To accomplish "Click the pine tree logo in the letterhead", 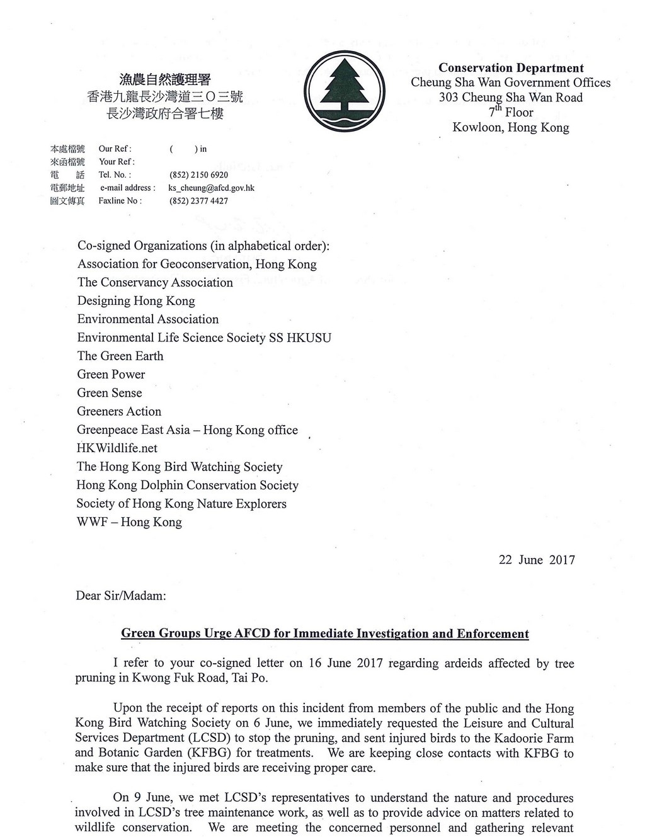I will pos(345,92).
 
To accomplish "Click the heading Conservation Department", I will pos(511,67).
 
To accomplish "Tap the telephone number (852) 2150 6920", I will pos(198,174).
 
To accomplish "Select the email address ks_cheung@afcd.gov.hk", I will pos(210,188).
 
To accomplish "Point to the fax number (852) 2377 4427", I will pos(198,201).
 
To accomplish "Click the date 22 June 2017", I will pos(537,560).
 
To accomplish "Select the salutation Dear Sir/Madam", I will pos(121,595).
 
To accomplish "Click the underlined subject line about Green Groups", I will pos(324,634).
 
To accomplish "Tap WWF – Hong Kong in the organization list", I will pos(129,522).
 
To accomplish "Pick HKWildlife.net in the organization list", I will pos(117,448).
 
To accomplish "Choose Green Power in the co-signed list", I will pos(111,374).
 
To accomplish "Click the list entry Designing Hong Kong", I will pos(136,300).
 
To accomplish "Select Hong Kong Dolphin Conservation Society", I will pos(188,485).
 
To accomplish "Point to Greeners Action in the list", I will pos(119,411).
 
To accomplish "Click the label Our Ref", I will pos(115,149).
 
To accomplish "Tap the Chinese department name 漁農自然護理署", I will pos(165,79).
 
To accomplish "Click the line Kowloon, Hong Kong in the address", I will pos(510,127).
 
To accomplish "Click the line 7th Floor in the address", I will pos(511,112).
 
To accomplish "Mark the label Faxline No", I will pos(120,201).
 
